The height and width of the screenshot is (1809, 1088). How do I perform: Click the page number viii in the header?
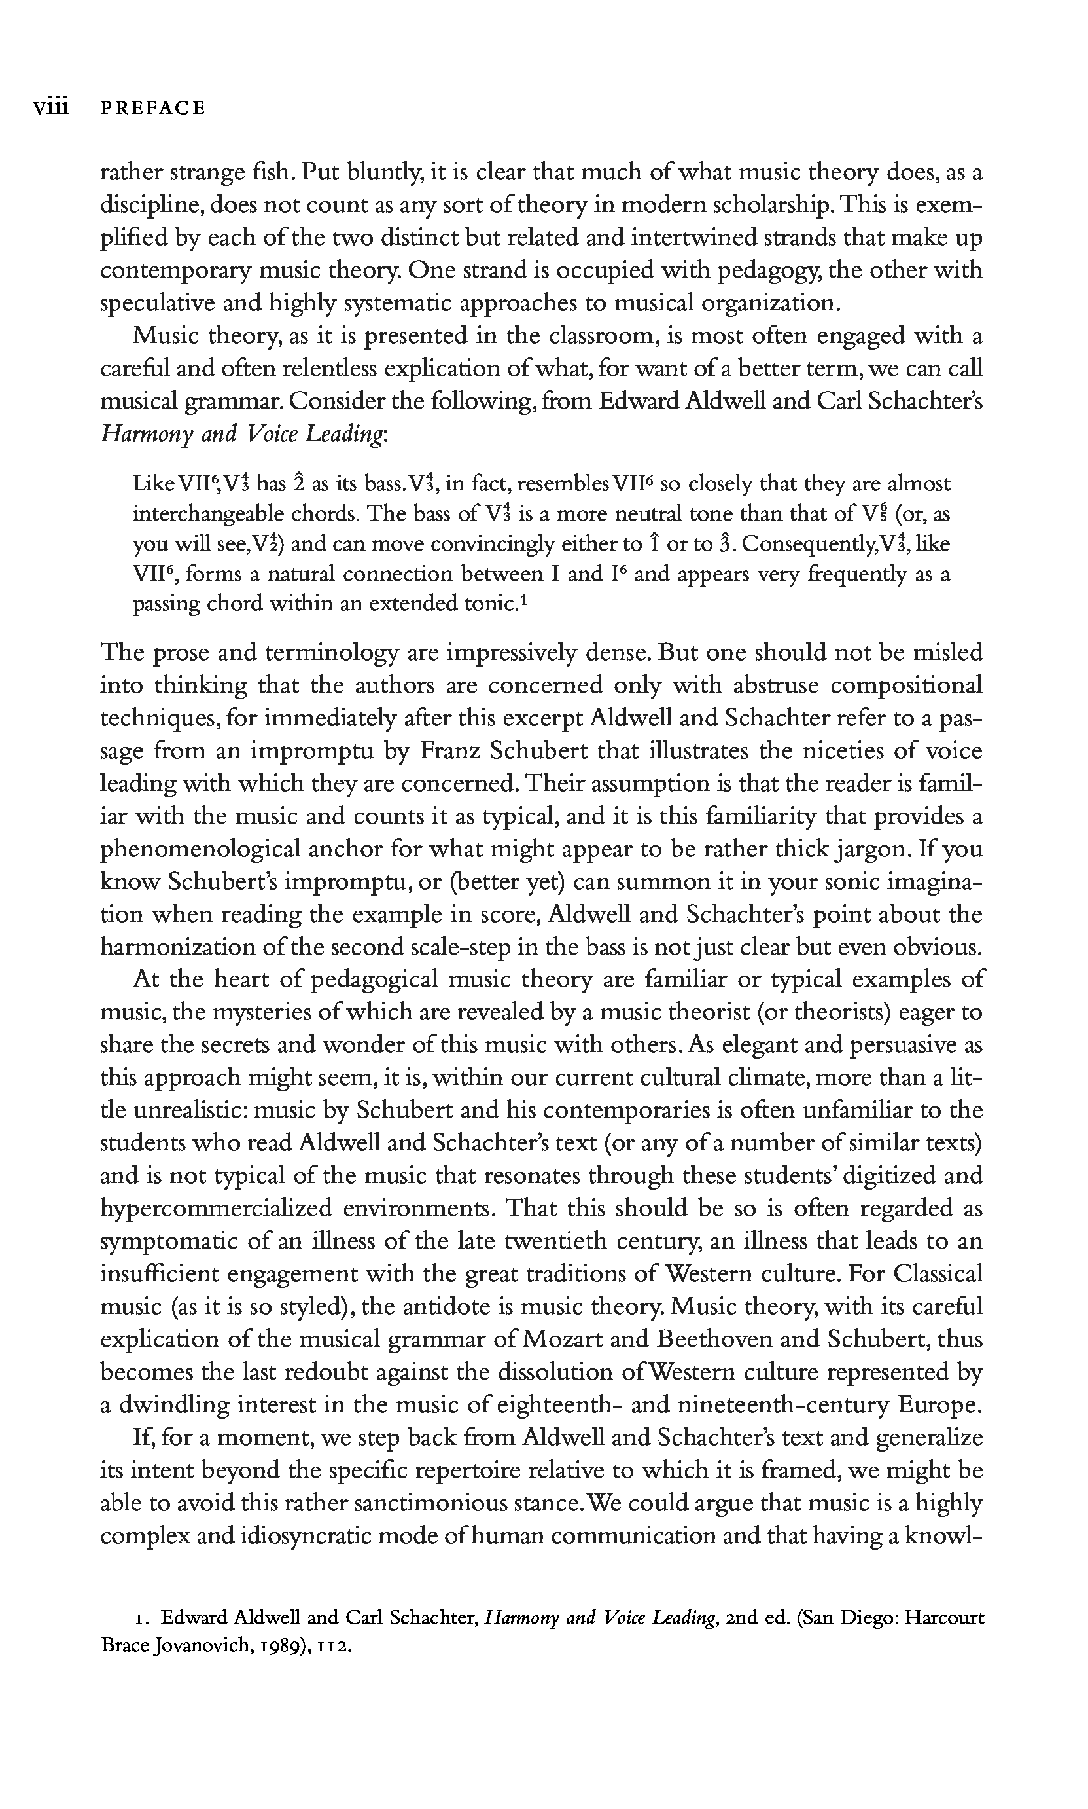pos(50,108)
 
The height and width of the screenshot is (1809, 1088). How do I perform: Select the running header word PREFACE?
pos(152,109)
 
